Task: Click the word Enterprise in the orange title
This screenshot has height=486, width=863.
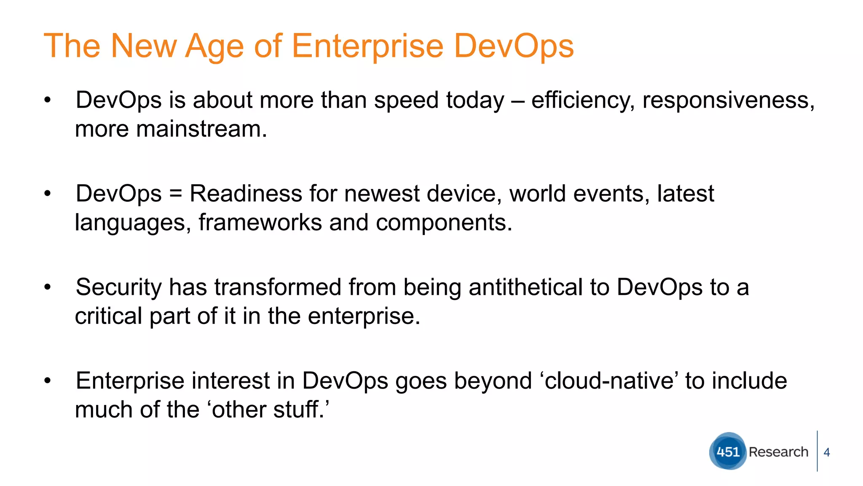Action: (x=367, y=46)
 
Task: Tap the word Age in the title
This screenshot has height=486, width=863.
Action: (x=214, y=46)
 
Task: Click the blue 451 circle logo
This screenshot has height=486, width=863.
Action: (x=728, y=451)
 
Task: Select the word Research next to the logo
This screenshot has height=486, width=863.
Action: (x=778, y=452)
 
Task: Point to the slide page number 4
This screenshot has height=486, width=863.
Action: (x=827, y=452)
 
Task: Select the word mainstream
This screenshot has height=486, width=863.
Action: (x=201, y=129)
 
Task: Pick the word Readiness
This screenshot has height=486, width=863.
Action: (x=246, y=194)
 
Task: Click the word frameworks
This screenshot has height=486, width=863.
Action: (x=260, y=222)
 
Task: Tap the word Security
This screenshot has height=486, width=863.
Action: (x=118, y=287)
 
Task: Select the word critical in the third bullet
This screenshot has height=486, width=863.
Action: (x=108, y=316)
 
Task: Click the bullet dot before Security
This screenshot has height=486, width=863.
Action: (x=47, y=287)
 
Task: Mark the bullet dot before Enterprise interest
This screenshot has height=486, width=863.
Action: (x=47, y=381)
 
